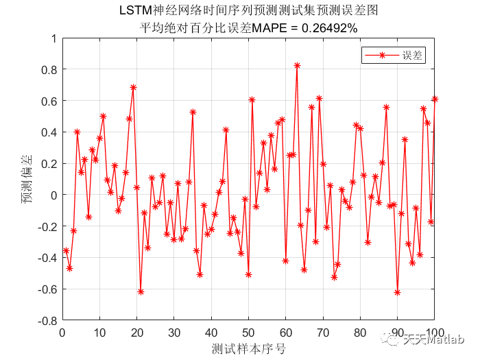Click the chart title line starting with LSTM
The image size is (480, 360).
tap(248, 12)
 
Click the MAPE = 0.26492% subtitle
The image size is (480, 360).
tap(248, 28)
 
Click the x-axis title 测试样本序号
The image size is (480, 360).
tap(248, 349)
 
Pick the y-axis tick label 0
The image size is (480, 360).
tap(53, 195)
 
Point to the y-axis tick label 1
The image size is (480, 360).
tap(53, 38)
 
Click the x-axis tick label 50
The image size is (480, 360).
tap(248, 333)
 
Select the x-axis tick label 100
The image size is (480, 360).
tap(434, 333)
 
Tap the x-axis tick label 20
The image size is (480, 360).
tap(136, 333)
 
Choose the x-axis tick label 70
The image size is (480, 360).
tap(322, 333)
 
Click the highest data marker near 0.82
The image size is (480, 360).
tap(297, 66)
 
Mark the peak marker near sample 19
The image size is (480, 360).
tap(133, 87)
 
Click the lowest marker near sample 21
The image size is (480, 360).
tap(141, 291)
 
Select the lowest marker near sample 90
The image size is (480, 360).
tap(397, 292)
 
